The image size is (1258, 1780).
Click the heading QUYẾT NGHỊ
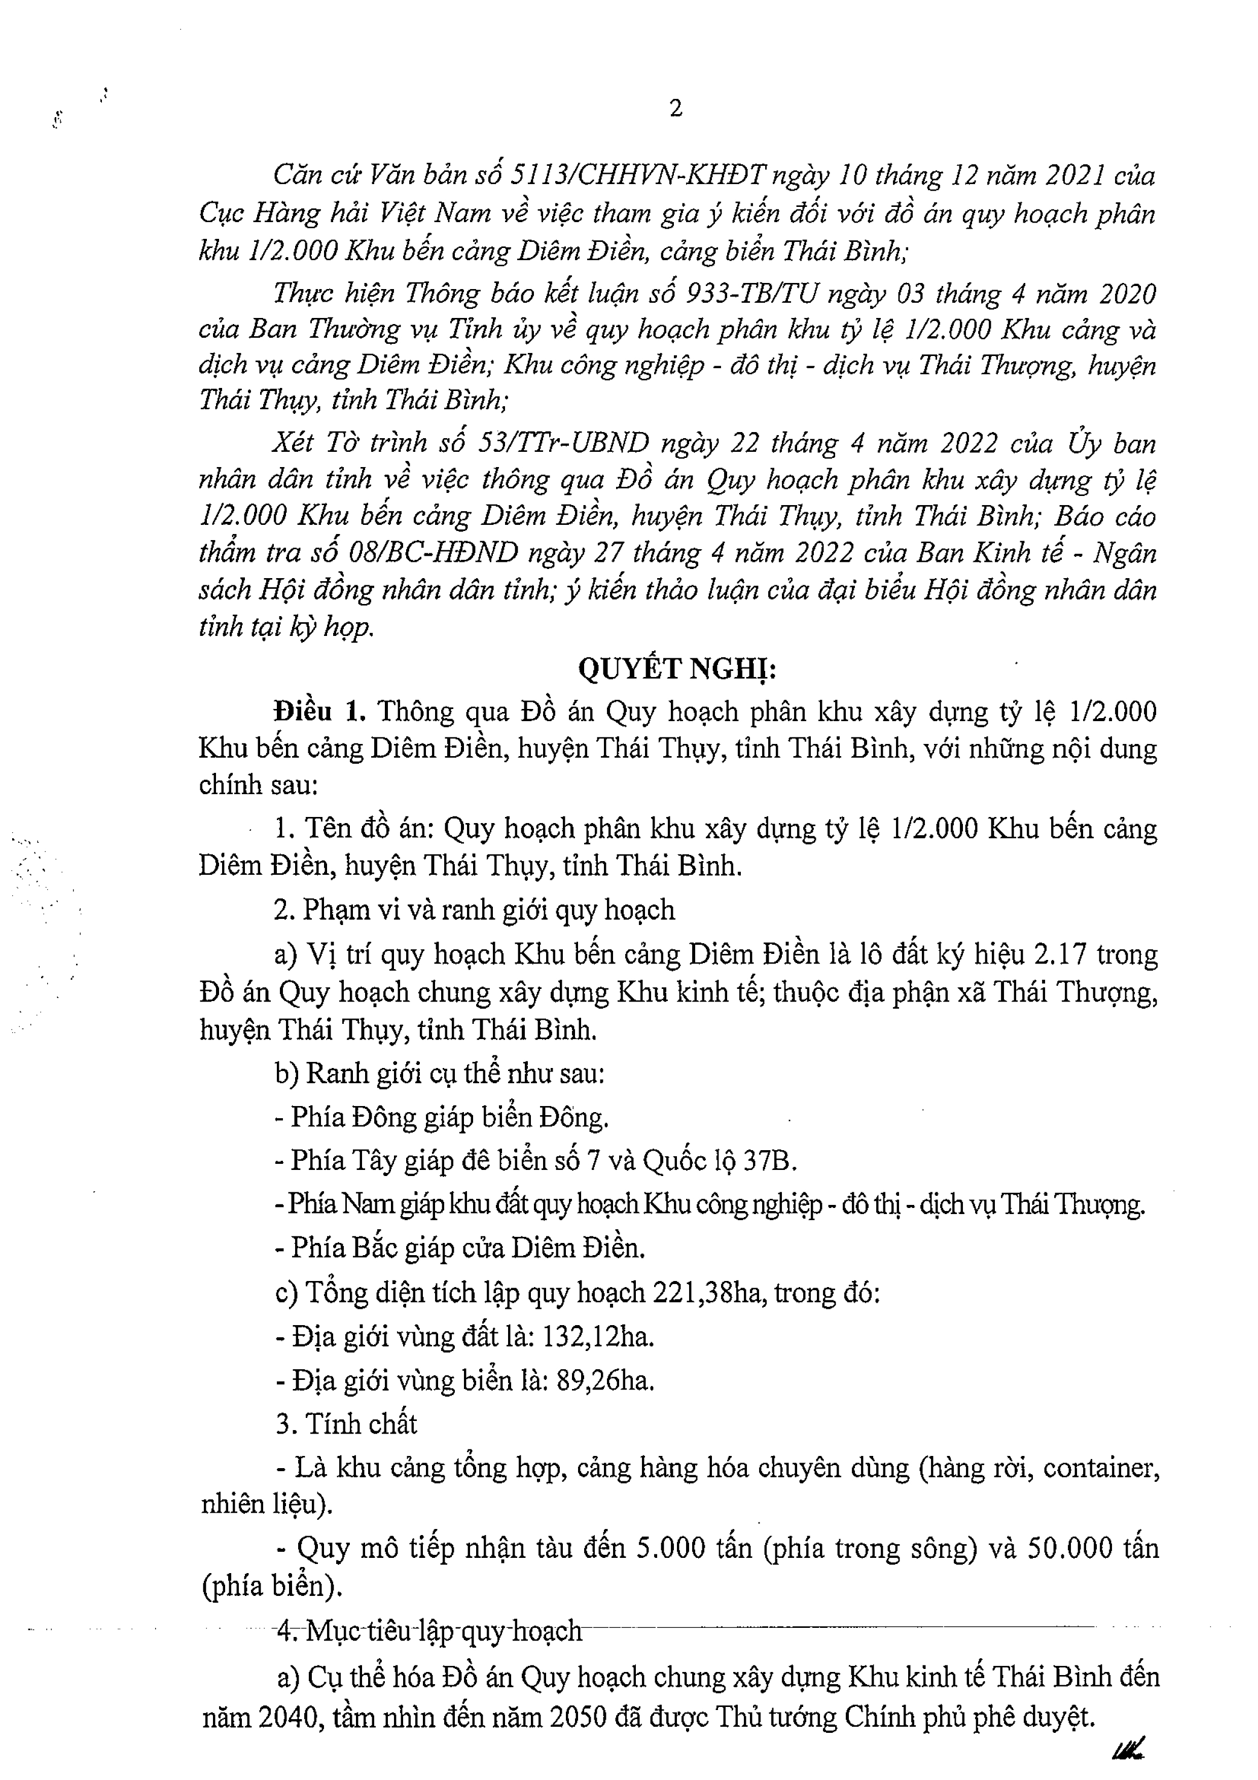point(677,668)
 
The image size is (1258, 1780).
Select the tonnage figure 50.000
point(1074,1549)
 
